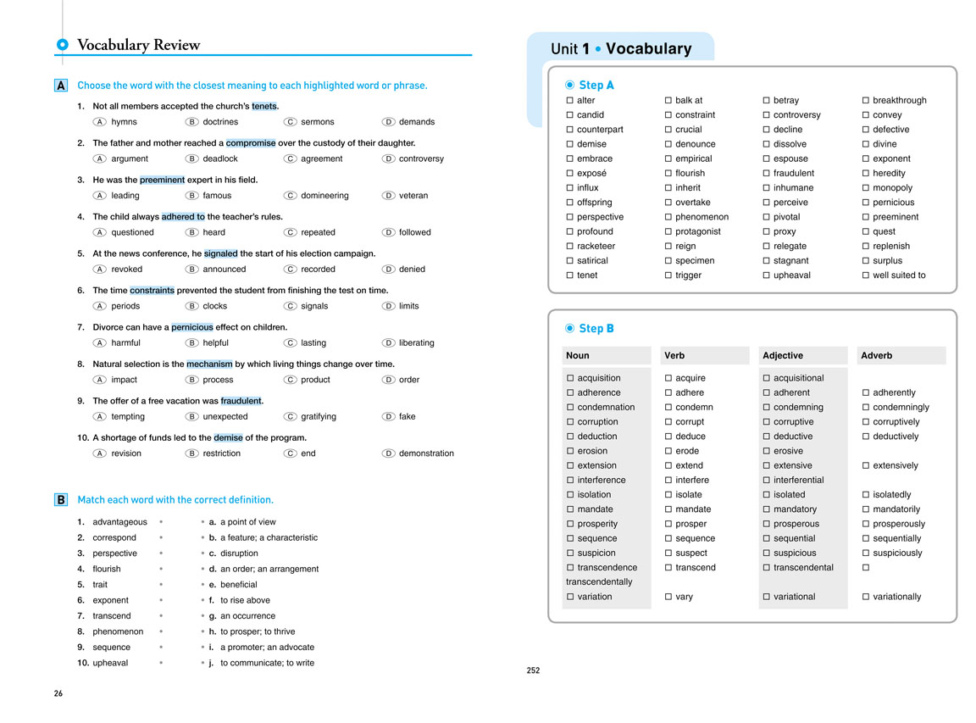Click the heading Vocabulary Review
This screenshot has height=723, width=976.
click(138, 45)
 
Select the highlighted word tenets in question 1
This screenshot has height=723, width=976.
click(264, 106)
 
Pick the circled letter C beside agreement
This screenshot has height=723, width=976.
click(290, 159)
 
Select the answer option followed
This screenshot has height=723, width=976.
click(414, 232)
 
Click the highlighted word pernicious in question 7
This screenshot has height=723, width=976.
click(192, 327)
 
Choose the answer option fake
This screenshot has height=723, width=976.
click(407, 416)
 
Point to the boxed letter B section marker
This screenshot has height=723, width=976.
click(61, 500)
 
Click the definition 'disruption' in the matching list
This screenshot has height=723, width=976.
click(239, 553)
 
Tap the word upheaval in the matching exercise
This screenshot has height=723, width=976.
click(110, 663)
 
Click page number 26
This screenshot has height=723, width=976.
click(58, 693)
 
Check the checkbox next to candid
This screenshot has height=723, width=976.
click(570, 115)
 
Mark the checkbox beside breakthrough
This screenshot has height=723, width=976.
click(866, 101)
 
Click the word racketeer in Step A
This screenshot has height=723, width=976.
click(596, 246)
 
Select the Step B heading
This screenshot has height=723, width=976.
click(596, 328)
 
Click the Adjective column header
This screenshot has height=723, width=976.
click(783, 356)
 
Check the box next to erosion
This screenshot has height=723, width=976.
click(570, 451)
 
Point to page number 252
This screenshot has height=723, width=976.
click(533, 670)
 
